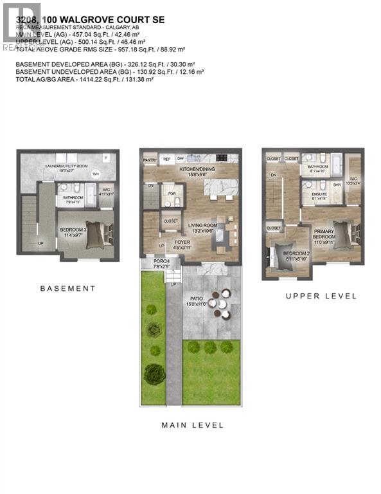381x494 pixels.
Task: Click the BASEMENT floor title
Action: pos(67,289)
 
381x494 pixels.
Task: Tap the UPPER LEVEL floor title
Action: pos(321,296)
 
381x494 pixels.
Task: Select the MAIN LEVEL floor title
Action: pos(191,425)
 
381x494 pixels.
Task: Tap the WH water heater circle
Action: pos(95,174)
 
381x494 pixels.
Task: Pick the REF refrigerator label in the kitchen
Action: pos(166,159)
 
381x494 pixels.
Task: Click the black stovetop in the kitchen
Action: pos(222,158)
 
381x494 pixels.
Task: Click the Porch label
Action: pos(161,261)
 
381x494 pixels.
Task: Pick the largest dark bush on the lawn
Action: pos(154,374)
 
